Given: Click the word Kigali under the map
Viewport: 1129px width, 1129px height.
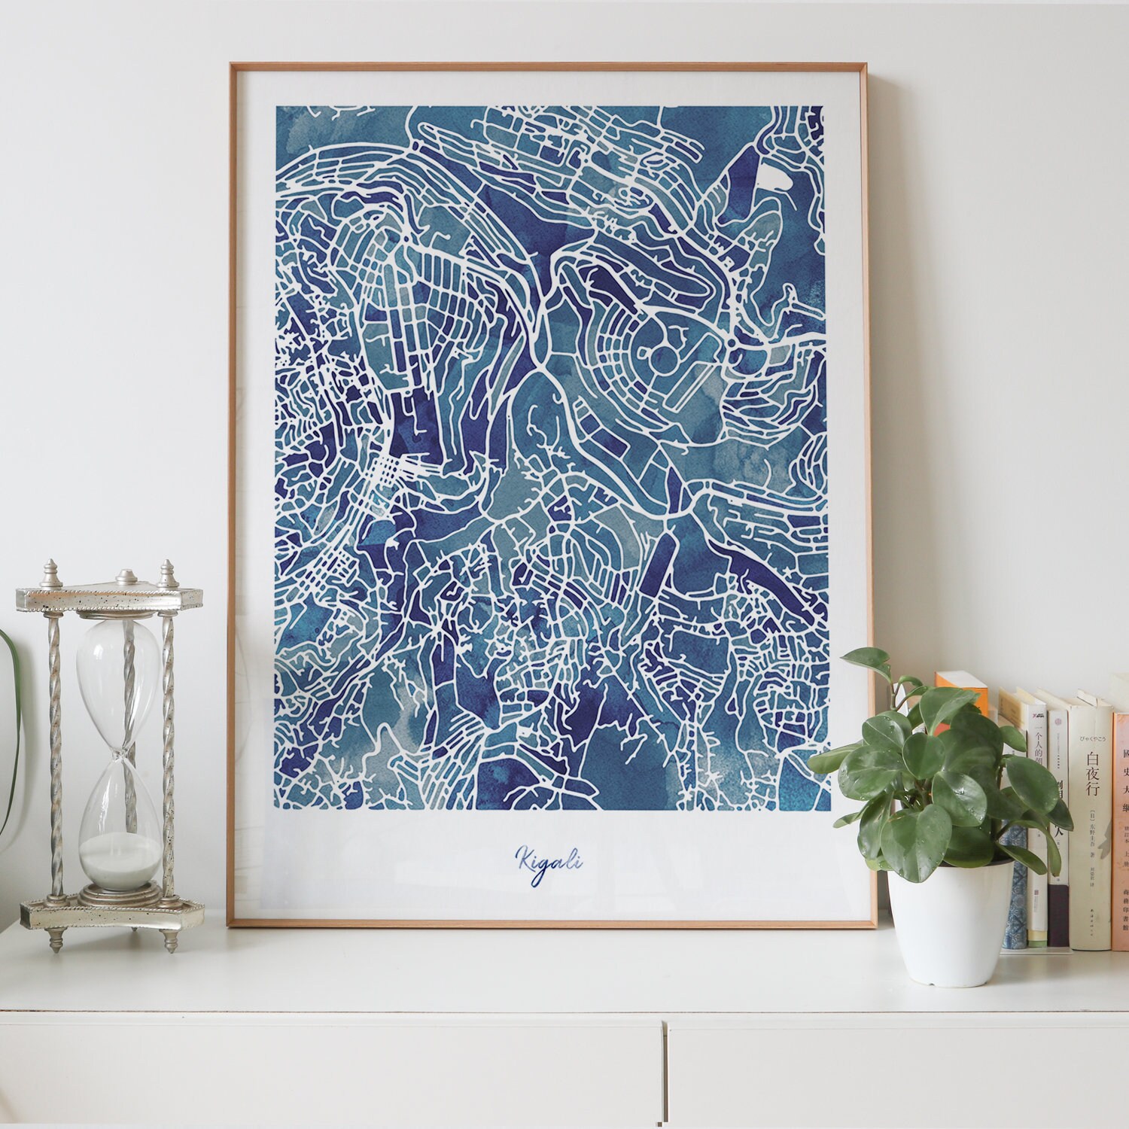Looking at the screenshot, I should pyautogui.click(x=549, y=859).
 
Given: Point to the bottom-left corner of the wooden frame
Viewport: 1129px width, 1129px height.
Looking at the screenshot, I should pyautogui.click(x=230, y=925).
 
